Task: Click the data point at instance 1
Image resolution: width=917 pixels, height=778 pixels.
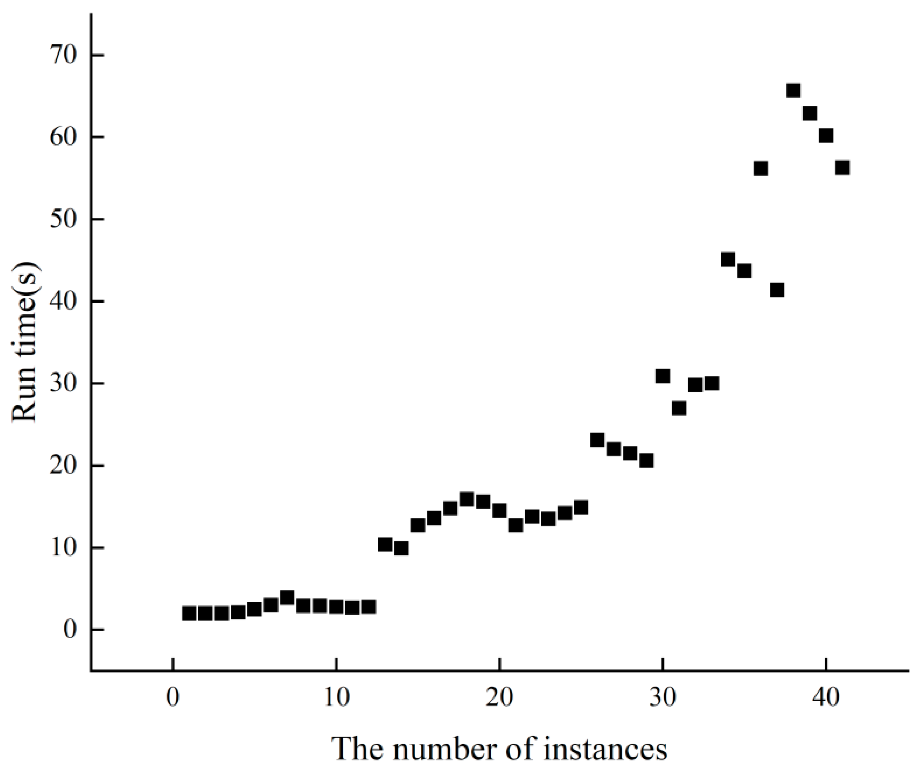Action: click(x=189, y=613)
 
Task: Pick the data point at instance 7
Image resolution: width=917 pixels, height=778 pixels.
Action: click(x=287, y=598)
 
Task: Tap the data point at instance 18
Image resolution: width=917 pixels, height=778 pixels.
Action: click(x=467, y=499)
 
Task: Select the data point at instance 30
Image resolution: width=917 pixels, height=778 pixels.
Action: click(x=663, y=376)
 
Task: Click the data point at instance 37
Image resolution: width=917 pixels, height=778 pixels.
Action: click(x=777, y=290)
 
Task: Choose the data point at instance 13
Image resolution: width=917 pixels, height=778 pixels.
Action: click(x=385, y=544)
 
